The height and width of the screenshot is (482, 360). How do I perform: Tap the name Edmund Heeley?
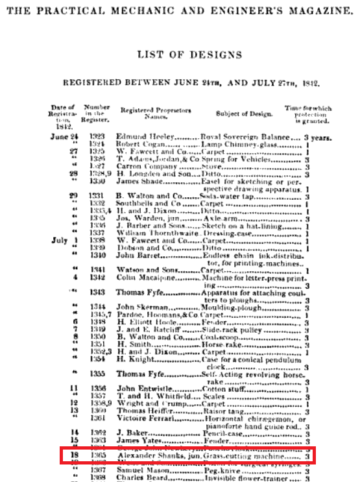click(x=141, y=137)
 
